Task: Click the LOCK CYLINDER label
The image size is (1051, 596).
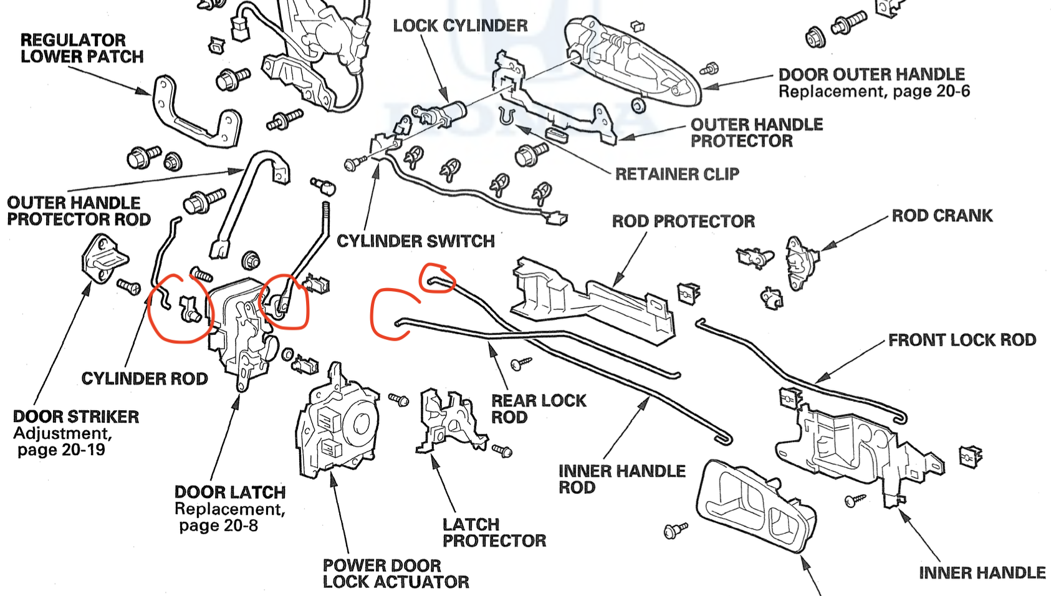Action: (x=460, y=26)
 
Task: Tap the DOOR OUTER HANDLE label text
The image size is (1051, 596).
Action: (x=871, y=74)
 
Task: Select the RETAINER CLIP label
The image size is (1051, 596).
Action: (x=677, y=174)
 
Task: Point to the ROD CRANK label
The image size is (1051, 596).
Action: (x=942, y=216)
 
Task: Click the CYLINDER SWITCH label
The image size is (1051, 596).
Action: (x=416, y=241)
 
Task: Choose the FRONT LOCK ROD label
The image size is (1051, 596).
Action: (x=962, y=340)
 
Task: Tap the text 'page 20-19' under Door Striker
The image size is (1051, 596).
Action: (x=61, y=449)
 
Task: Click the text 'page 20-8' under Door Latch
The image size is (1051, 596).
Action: (x=218, y=526)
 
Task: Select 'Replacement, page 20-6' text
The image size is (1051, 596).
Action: (x=874, y=92)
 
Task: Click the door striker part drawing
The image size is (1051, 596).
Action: (x=103, y=256)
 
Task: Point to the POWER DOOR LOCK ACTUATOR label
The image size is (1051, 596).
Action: (x=396, y=574)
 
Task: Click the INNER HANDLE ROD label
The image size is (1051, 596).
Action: (x=621, y=479)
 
